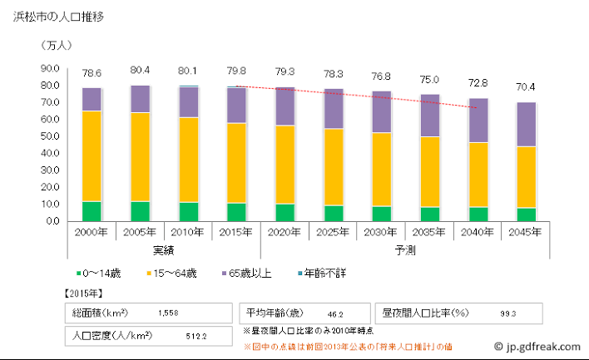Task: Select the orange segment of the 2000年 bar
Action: click(92, 155)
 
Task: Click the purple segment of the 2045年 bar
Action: click(525, 125)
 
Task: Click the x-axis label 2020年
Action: click(285, 233)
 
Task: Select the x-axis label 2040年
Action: click(477, 233)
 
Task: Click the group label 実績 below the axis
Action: click(164, 250)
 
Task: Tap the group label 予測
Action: click(404, 250)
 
